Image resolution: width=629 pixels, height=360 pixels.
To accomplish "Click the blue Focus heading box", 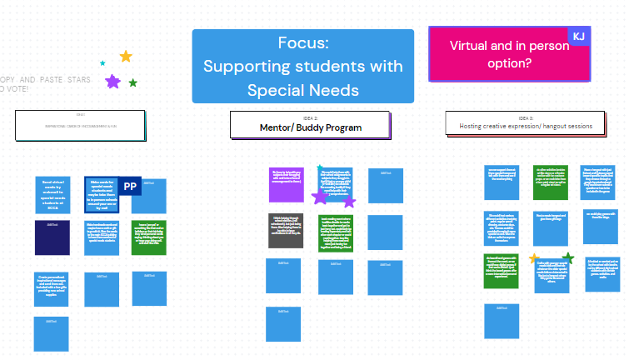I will pyautogui.click(x=302, y=67).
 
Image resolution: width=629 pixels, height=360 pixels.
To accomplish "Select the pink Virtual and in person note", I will pyautogui.click(x=509, y=55).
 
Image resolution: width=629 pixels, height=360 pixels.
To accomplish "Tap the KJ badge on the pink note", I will pyautogui.click(x=578, y=36).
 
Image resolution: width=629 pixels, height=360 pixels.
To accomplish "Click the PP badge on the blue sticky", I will pyautogui.click(x=129, y=187).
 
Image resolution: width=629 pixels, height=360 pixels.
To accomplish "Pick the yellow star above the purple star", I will pyautogui.click(x=126, y=57).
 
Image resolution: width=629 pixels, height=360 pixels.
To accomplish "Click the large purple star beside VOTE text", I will pyautogui.click(x=112, y=81).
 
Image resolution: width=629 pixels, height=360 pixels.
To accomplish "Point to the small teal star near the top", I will pyautogui.click(x=102, y=63).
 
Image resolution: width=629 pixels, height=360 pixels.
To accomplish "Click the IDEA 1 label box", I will pyautogui.click(x=80, y=125).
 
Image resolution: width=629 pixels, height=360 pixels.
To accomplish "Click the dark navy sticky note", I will pyautogui.click(x=52, y=237).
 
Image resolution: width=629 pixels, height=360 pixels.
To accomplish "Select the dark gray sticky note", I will pyautogui.click(x=287, y=230).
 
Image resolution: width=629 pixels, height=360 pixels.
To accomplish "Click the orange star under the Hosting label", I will pyautogui.click(x=533, y=258).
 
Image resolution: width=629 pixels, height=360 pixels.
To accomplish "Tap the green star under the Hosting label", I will pyautogui.click(x=569, y=257).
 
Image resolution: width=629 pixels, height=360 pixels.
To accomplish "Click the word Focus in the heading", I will pyautogui.click(x=302, y=43).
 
